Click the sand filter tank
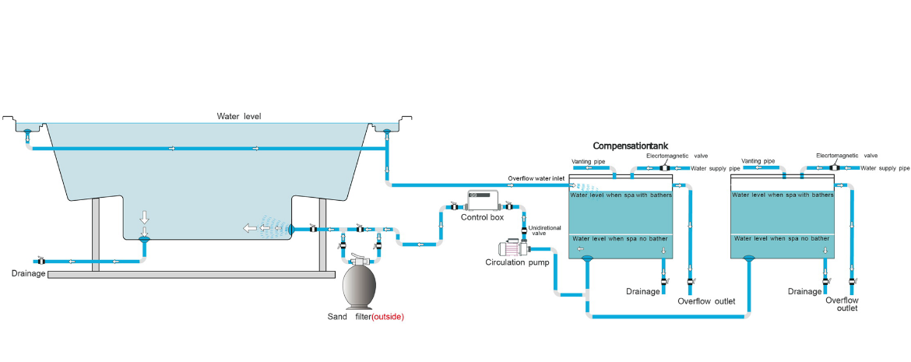(359, 286)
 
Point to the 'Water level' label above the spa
(239, 117)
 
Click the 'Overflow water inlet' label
(536, 179)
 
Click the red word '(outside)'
(388, 317)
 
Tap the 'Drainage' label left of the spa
(29, 273)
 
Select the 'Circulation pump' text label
(518, 262)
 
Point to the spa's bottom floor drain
(143, 238)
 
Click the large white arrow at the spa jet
(249, 229)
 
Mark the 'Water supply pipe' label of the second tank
(885, 167)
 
